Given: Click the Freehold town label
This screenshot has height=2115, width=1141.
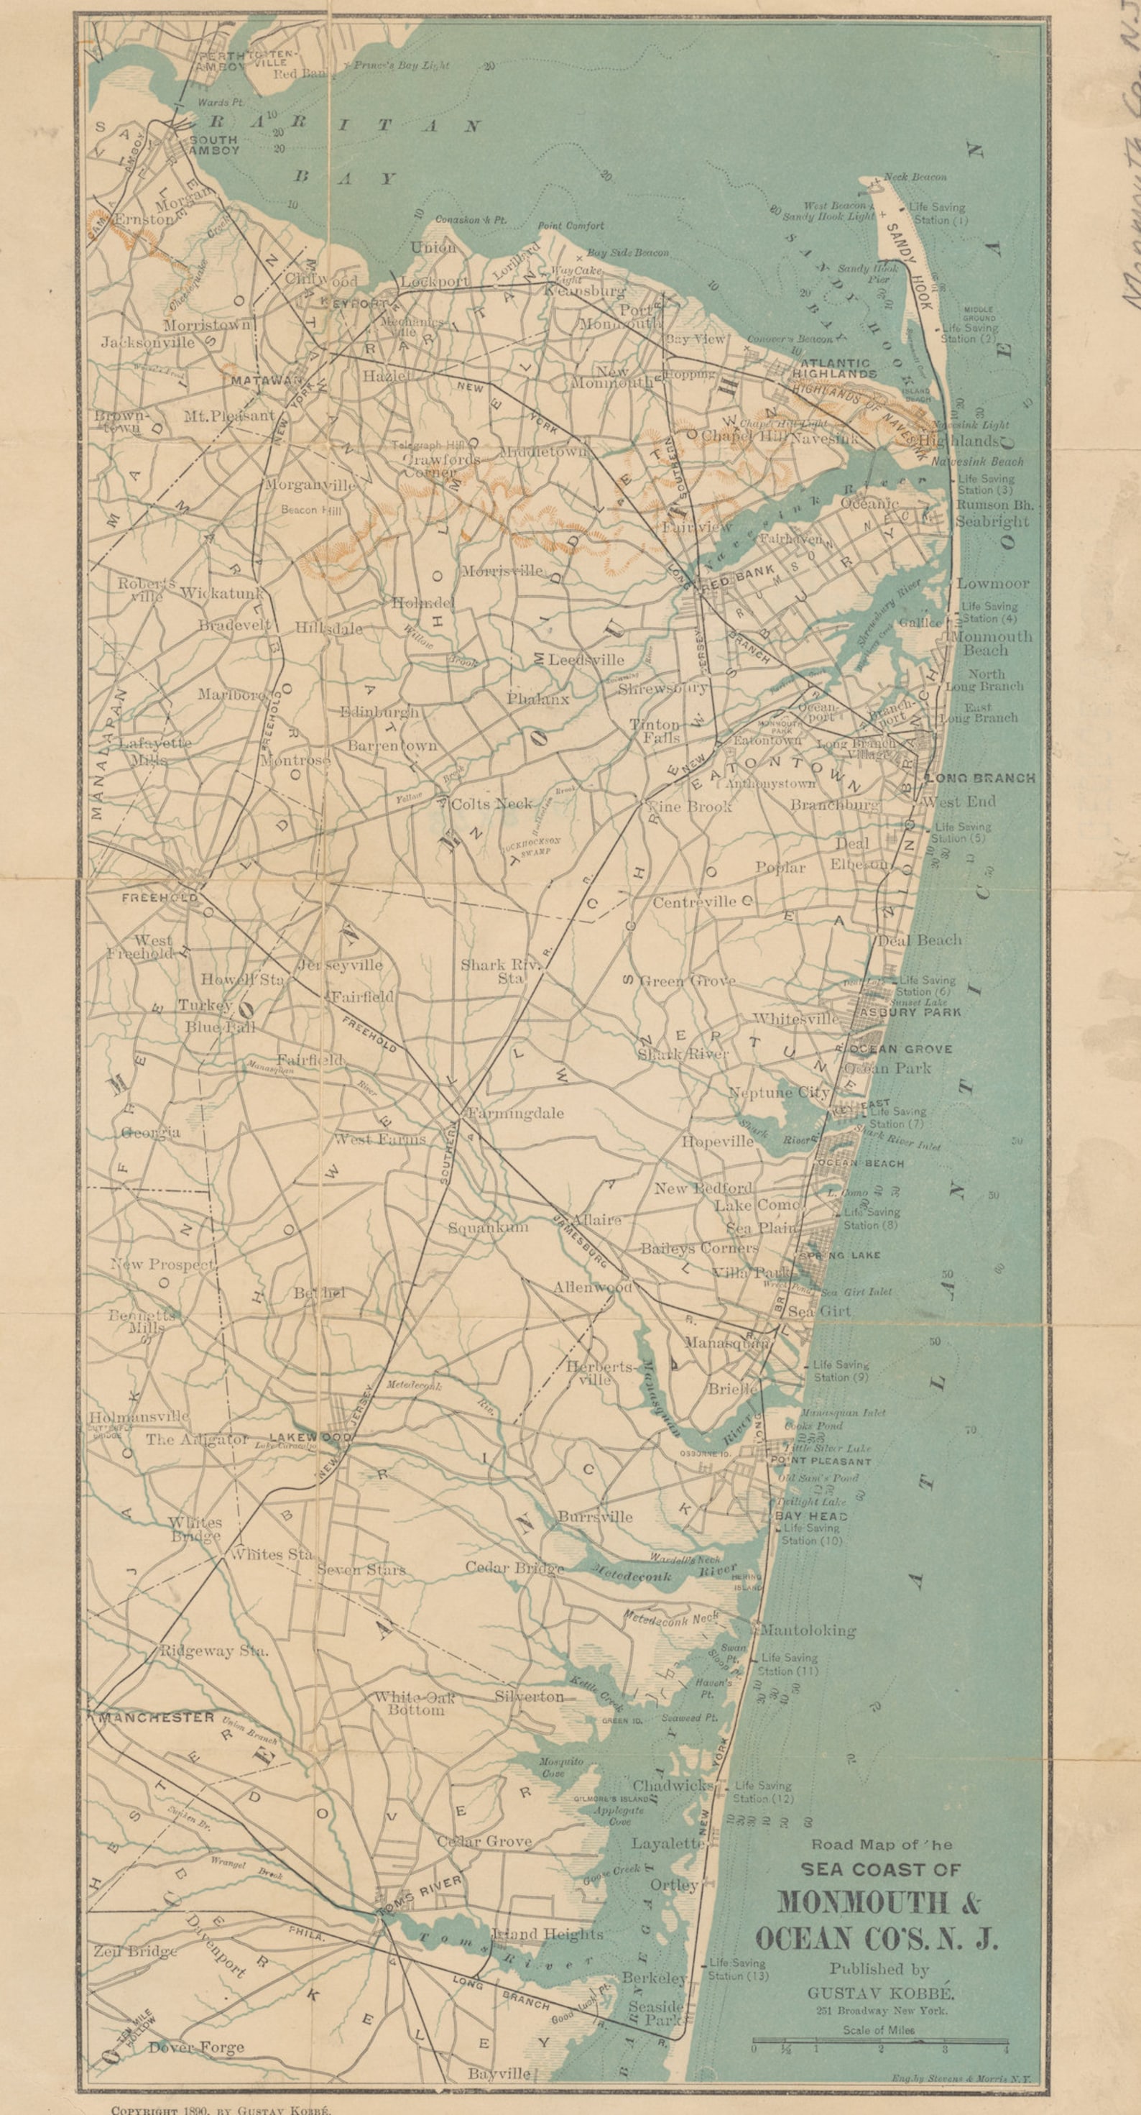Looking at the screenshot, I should [160, 897].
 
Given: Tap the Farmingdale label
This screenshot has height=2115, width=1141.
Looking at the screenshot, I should [514, 1114].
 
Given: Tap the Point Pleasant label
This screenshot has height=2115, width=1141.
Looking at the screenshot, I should [818, 1462].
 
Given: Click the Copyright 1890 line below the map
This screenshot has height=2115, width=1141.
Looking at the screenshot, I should [219, 2108].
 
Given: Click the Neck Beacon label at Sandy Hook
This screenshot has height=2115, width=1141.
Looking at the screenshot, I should [917, 177].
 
